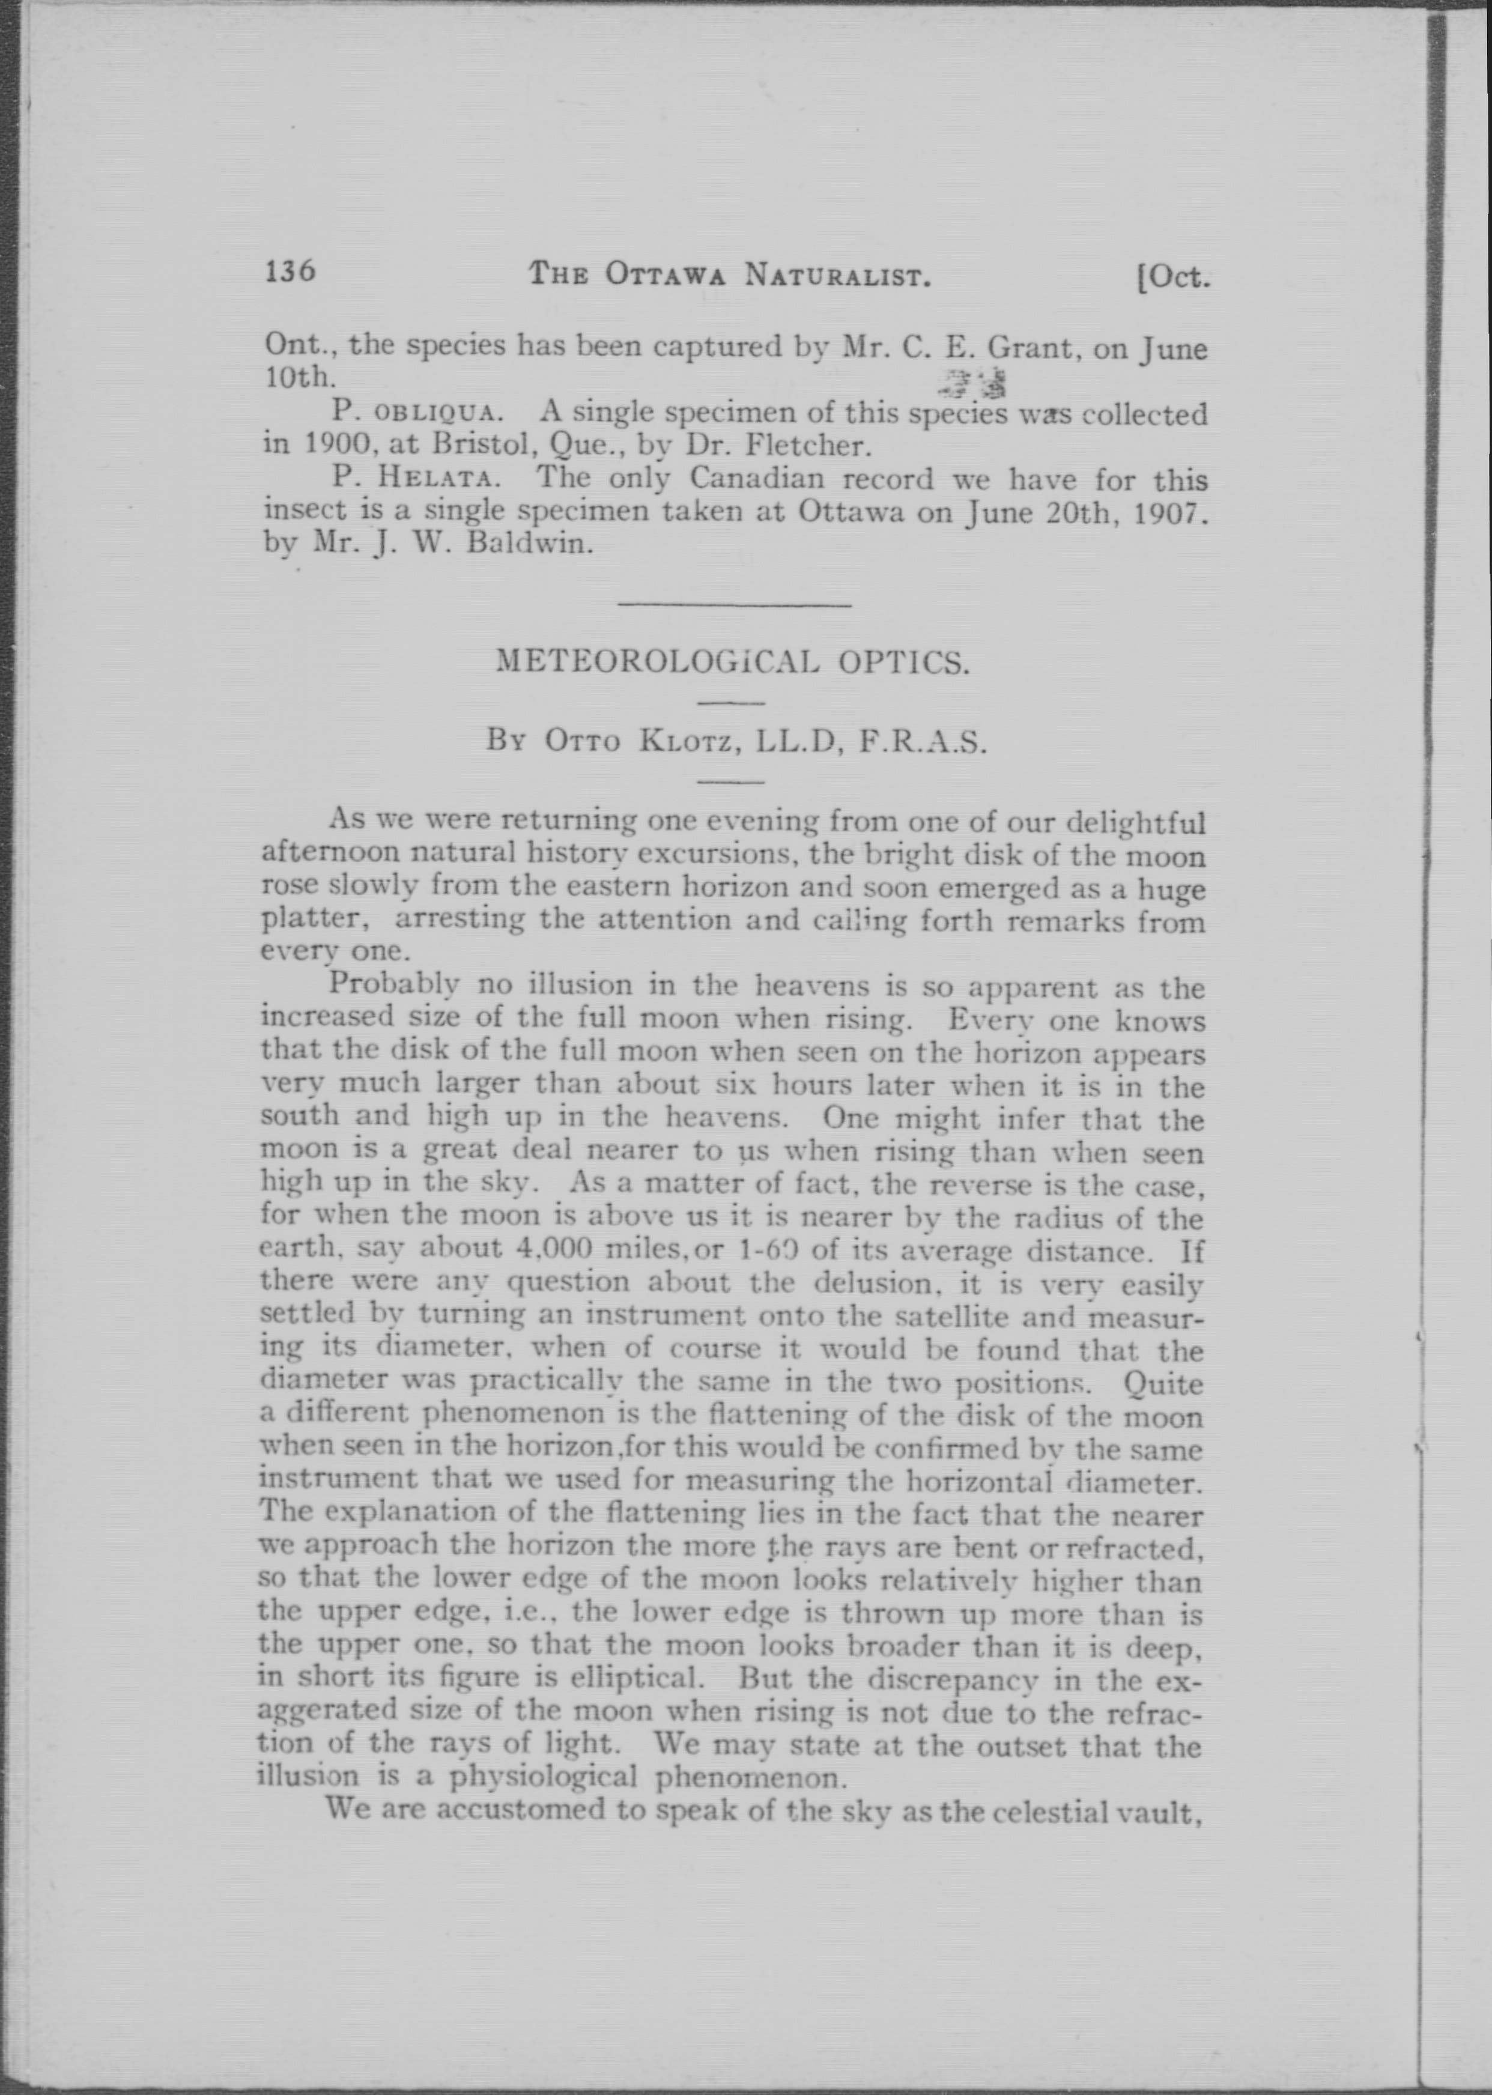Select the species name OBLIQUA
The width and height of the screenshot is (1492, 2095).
coord(435,414)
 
